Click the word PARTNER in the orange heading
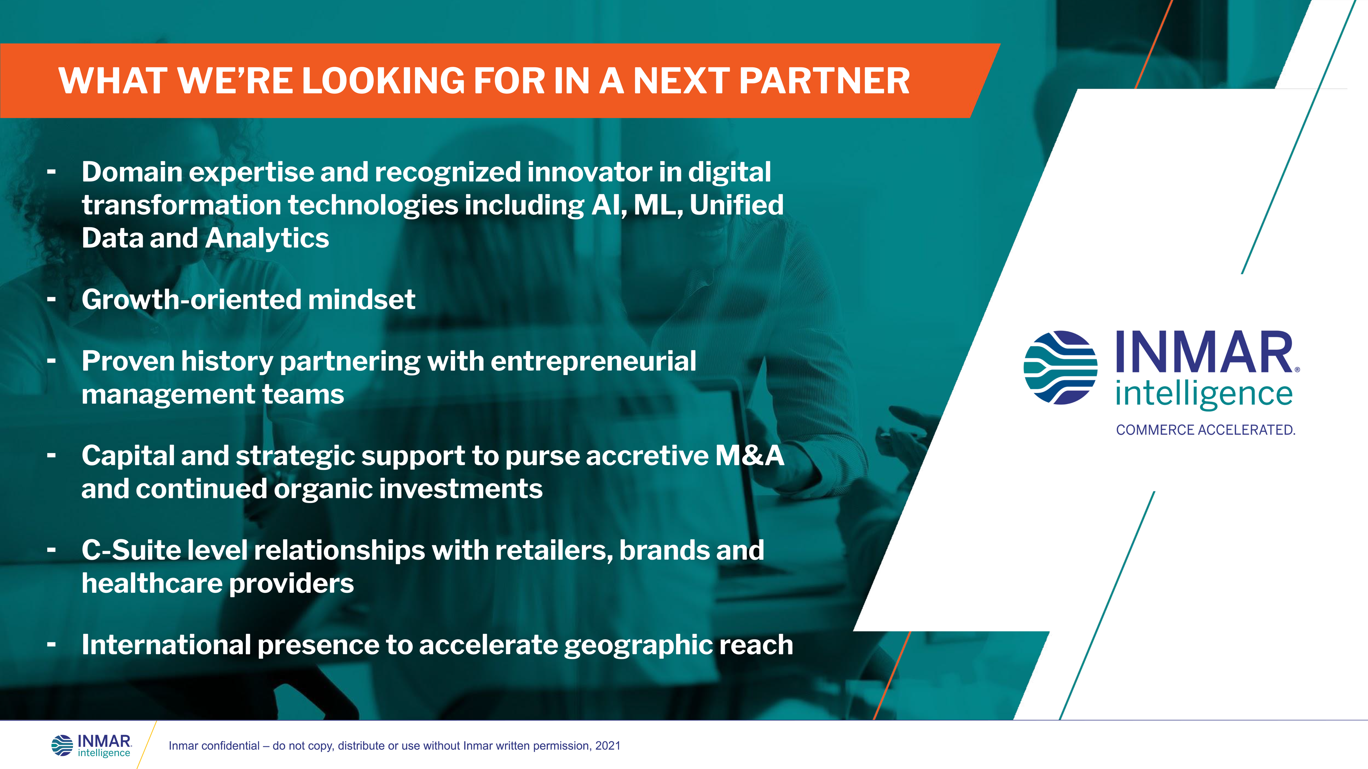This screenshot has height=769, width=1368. (824, 81)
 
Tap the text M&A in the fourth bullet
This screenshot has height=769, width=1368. (749, 455)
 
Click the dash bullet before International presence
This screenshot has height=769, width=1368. (52, 645)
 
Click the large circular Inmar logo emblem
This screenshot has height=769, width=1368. (1060, 368)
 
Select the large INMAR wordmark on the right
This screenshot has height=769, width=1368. (1205, 352)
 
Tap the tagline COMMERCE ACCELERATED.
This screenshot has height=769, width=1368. (1205, 430)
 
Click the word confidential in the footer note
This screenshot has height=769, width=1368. (229, 746)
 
